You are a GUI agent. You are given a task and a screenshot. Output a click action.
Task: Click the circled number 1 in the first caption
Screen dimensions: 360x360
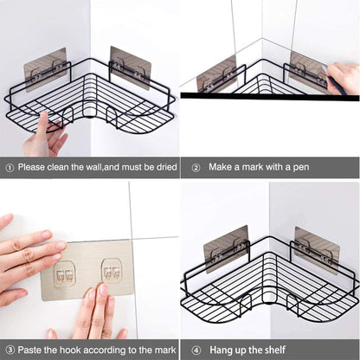(x=9, y=167)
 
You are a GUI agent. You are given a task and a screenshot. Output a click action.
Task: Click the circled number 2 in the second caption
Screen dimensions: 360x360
(x=196, y=167)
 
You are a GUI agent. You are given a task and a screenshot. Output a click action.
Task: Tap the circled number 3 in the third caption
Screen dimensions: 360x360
(x=9, y=349)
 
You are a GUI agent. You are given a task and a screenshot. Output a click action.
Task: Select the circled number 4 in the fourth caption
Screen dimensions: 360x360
(x=196, y=349)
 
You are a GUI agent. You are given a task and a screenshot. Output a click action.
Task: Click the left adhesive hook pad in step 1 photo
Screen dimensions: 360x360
(x=45, y=69)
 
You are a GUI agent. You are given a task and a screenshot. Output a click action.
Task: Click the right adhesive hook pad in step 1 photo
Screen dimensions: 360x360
(x=130, y=67)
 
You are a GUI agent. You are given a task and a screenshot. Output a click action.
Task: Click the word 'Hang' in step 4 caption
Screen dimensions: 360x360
(x=218, y=349)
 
